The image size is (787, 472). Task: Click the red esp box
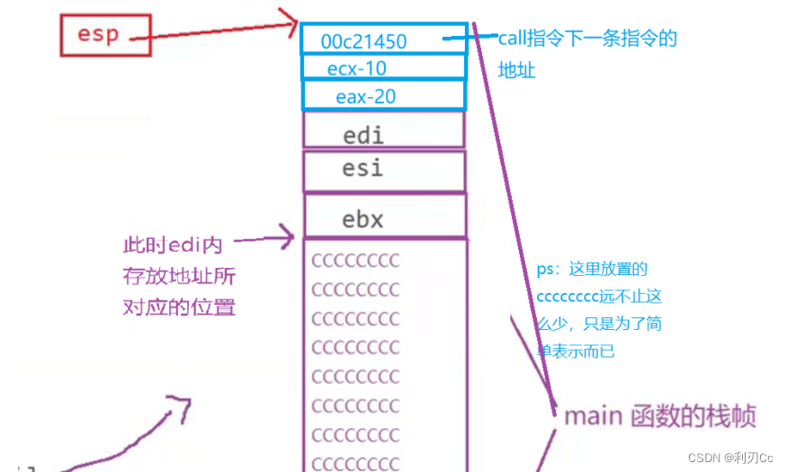coord(99,35)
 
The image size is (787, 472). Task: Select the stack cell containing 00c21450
coord(384,40)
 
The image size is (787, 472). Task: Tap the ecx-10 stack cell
coord(384,67)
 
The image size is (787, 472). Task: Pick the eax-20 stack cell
coord(384,95)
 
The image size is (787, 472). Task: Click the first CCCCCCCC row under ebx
coord(355,262)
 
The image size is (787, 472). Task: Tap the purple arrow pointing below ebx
coord(265,239)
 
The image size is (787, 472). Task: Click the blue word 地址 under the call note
coord(516,69)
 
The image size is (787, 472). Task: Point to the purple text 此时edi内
coord(172,245)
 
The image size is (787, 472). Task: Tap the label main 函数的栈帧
coord(659,416)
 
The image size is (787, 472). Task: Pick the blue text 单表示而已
coord(576,350)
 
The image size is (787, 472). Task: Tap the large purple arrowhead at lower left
coord(180,407)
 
